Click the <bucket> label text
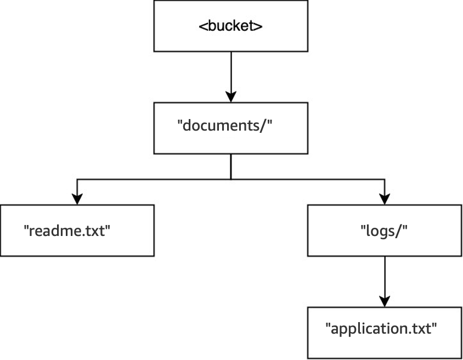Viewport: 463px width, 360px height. [x=230, y=25]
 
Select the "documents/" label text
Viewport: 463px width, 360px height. [x=225, y=125]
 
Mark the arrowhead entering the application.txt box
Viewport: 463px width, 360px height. [x=385, y=301]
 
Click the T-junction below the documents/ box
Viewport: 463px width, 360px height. [x=230, y=179]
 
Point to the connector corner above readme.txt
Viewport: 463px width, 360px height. [x=77, y=179]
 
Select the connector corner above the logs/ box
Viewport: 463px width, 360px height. [x=385, y=179]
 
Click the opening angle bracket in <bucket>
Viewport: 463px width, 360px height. [x=202, y=26]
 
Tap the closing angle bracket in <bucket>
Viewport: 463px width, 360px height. [x=258, y=26]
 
